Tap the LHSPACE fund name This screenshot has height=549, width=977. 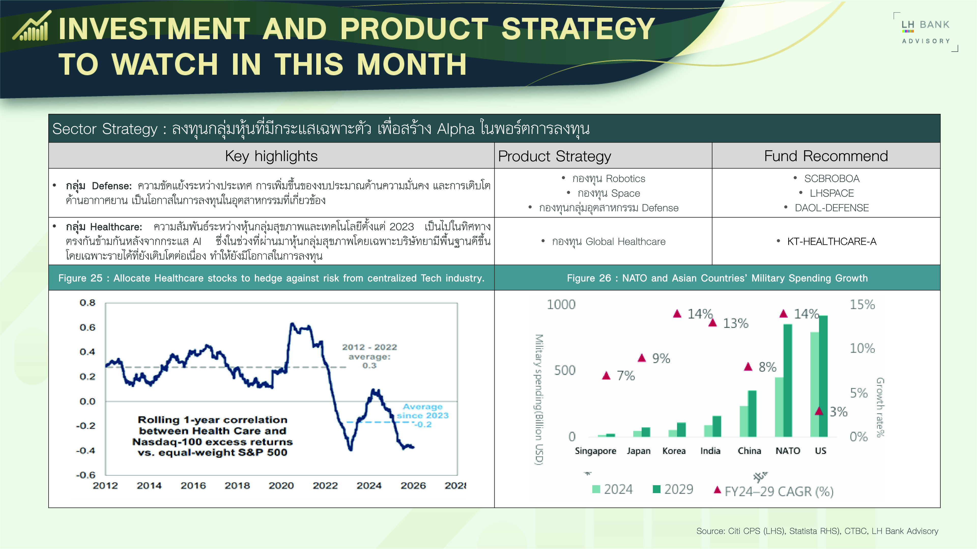pyautogui.click(x=831, y=193)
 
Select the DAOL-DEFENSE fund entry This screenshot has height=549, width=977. pyautogui.click(x=831, y=208)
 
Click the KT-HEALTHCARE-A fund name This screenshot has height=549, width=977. pyautogui.click(x=831, y=241)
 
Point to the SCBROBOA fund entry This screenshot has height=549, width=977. pyautogui.click(x=831, y=178)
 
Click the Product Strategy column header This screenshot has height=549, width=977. pyautogui.click(x=554, y=156)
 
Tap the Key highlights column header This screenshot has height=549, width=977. pyautogui.click(x=271, y=156)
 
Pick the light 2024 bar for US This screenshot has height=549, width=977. pyautogui.click(x=814, y=384)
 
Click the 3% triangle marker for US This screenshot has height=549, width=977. pyautogui.click(x=819, y=411)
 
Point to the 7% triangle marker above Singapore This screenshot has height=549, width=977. pyautogui.click(x=607, y=375)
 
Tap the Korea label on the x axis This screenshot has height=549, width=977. pyautogui.click(x=674, y=451)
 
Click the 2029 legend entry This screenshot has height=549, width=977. pyautogui.click(x=673, y=489)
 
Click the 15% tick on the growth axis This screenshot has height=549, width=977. pyautogui.click(x=862, y=305)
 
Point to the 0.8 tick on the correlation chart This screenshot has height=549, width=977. pyautogui.click(x=87, y=303)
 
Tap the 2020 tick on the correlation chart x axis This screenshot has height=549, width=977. pyautogui.click(x=281, y=486)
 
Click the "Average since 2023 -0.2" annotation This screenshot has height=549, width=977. pyautogui.click(x=423, y=415)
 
